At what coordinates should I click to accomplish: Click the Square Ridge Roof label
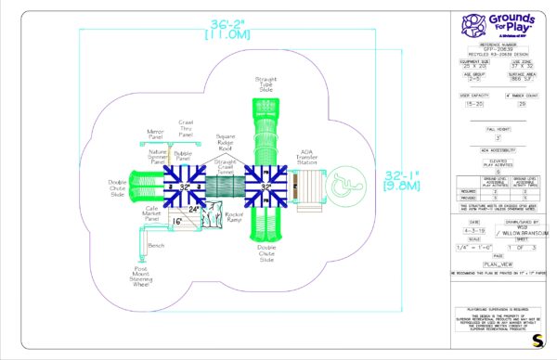click(226, 140)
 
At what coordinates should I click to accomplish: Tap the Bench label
click(156, 245)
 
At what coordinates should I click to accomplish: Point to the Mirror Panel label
click(154, 135)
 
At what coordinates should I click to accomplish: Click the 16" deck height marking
click(176, 221)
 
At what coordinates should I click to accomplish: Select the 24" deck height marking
click(193, 210)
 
